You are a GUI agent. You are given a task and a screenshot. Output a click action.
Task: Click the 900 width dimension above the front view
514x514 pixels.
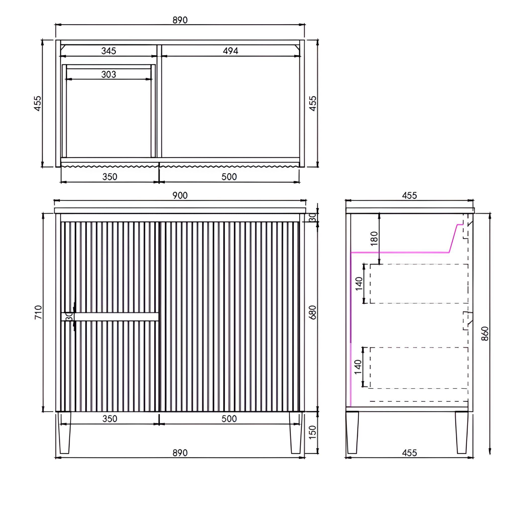tap(180, 196)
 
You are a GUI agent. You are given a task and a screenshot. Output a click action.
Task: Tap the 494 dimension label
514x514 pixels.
tap(230, 51)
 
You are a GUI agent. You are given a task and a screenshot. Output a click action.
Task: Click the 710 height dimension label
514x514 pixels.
tap(38, 312)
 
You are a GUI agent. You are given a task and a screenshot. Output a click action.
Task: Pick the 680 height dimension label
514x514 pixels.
tap(313, 312)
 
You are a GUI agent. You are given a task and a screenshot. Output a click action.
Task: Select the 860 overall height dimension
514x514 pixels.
tap(485, 334)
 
